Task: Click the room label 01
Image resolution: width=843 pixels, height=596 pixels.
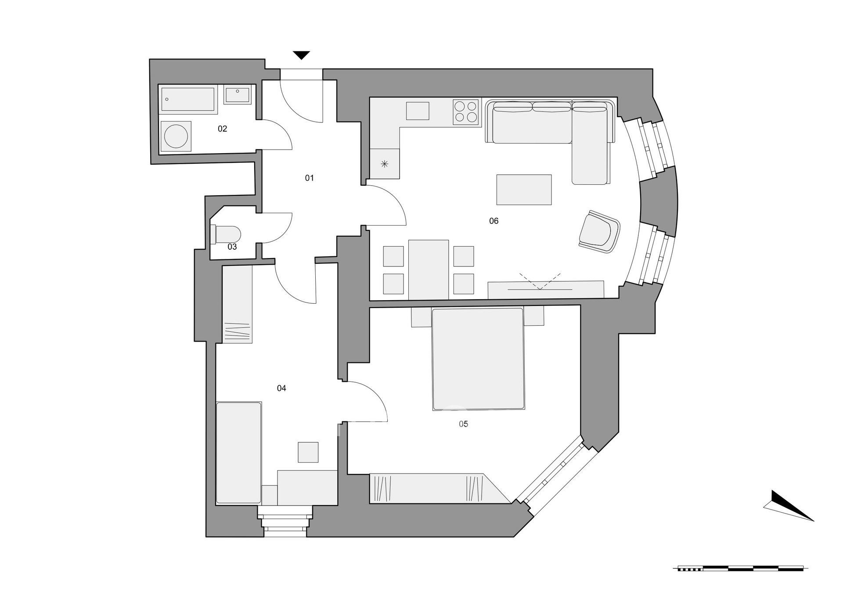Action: [310, 178]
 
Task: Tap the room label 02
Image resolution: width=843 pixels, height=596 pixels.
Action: [223, 129]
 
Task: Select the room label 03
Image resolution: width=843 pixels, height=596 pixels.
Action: [232, 247]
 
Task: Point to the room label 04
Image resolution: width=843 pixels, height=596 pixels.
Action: [281, 388]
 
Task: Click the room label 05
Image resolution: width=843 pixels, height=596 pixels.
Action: [463, 424]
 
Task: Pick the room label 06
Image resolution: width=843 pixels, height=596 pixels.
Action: [494, 221]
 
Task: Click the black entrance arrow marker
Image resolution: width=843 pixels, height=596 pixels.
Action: [302, 55]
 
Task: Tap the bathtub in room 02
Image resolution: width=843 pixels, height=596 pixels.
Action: [188, 100]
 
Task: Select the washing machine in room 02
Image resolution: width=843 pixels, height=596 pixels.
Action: [176, 136]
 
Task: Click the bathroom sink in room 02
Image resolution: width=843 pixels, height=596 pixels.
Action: [238, 95]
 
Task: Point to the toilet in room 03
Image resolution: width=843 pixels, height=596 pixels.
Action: [226, 234]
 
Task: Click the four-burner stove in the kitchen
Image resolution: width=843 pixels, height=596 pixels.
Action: [466, 111]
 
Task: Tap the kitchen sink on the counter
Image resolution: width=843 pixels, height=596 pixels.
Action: [418, 111]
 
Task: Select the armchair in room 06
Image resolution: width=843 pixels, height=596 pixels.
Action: [599, 232]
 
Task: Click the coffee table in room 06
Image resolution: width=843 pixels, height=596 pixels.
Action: [524, 190]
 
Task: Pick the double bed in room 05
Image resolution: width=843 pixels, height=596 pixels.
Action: [479, 359]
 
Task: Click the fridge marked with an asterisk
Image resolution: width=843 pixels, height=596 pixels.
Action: [385, 164]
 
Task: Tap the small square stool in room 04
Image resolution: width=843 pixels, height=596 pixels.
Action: [308, 452]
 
